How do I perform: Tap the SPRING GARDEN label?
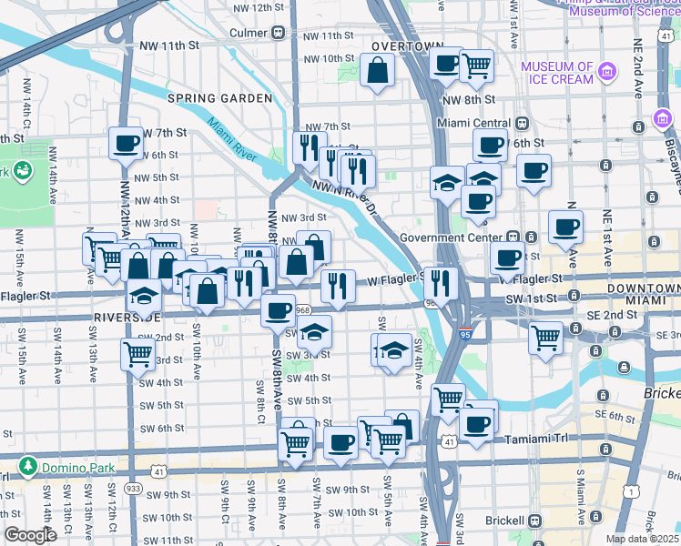219,97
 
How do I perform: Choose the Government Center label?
452,238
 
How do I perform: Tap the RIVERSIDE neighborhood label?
127,317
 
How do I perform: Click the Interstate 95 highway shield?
465,334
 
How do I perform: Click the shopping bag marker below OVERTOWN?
377,70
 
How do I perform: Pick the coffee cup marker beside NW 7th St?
126,143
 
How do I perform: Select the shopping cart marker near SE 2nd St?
545,338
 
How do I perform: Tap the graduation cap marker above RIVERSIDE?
145,297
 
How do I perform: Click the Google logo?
31,535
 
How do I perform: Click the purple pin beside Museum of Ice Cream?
662,121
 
